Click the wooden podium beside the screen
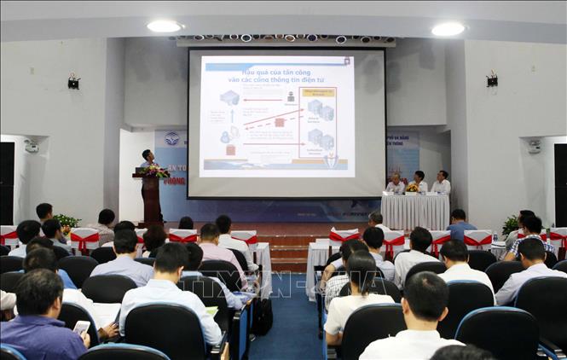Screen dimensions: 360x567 151,200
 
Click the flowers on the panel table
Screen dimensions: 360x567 411,188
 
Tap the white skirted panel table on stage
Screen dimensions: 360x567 414,212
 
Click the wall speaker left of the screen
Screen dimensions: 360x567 74,82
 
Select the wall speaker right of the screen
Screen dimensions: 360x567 491,80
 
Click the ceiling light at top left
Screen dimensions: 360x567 164,26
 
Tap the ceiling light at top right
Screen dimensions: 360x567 448,29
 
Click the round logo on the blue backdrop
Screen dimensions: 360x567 172,138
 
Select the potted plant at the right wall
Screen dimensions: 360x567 511,224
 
